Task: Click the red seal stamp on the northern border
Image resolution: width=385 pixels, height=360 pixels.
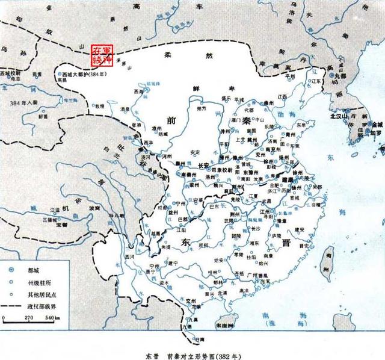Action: pyautogui.click(x=101, y=54)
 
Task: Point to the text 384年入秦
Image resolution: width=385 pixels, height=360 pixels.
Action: pyautogui.click(x=22, y=104)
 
